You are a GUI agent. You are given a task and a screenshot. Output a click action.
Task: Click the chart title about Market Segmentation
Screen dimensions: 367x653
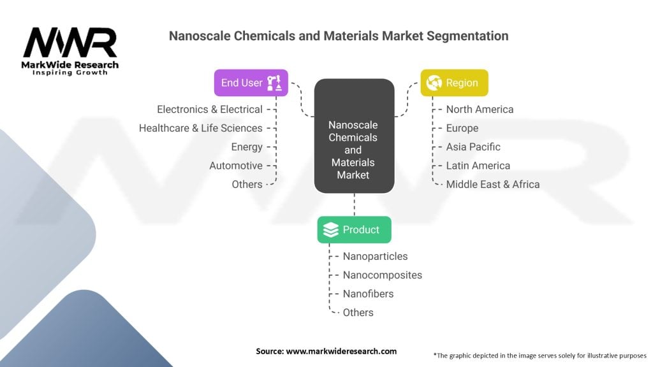click(338, 36)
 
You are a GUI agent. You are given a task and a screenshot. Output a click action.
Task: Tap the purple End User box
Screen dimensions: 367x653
click(251, 83)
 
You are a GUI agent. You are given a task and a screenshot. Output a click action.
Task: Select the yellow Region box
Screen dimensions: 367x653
click(453, 83)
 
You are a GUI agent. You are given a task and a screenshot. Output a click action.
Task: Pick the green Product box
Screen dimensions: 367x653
click(354, 230)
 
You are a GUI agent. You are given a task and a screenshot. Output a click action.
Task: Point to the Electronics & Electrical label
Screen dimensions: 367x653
click(210, 110)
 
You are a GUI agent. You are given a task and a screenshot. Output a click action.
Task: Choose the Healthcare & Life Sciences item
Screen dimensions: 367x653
click(201, 128)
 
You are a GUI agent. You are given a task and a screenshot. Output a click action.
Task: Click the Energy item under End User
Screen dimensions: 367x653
click(247, 147)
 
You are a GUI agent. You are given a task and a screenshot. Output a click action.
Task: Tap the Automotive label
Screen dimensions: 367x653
click(236, 166)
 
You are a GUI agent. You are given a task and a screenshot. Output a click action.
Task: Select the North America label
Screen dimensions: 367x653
click(480, 110)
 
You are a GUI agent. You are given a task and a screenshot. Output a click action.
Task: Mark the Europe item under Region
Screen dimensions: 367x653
click(462, 128)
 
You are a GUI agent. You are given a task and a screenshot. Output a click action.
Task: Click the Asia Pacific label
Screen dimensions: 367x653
click(473, 147)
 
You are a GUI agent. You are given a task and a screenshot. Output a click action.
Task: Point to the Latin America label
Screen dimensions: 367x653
click(478, 166)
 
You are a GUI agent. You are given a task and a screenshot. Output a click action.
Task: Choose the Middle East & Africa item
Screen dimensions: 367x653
click(493, 185)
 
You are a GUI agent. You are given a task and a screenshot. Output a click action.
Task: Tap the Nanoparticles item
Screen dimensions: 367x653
click(375, 256)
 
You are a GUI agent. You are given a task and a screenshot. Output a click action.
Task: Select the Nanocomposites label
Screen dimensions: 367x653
click(383, 275)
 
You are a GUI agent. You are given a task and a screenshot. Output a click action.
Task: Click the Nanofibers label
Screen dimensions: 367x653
click(368, 294)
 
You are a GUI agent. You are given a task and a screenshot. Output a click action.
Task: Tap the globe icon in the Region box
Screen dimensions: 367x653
click(434, 83)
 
